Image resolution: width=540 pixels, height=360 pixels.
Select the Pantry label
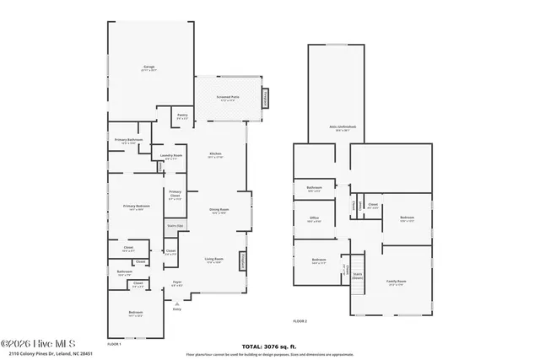tap(181, 118)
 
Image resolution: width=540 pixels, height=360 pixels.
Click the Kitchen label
tap(215, 153)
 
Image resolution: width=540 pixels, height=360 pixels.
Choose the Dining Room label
tap(220, 211)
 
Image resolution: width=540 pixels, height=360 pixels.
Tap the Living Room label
tap(214, 259)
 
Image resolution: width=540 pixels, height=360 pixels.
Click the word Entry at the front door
tap(177, 309)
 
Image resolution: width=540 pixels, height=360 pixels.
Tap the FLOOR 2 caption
tap(300, 321)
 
